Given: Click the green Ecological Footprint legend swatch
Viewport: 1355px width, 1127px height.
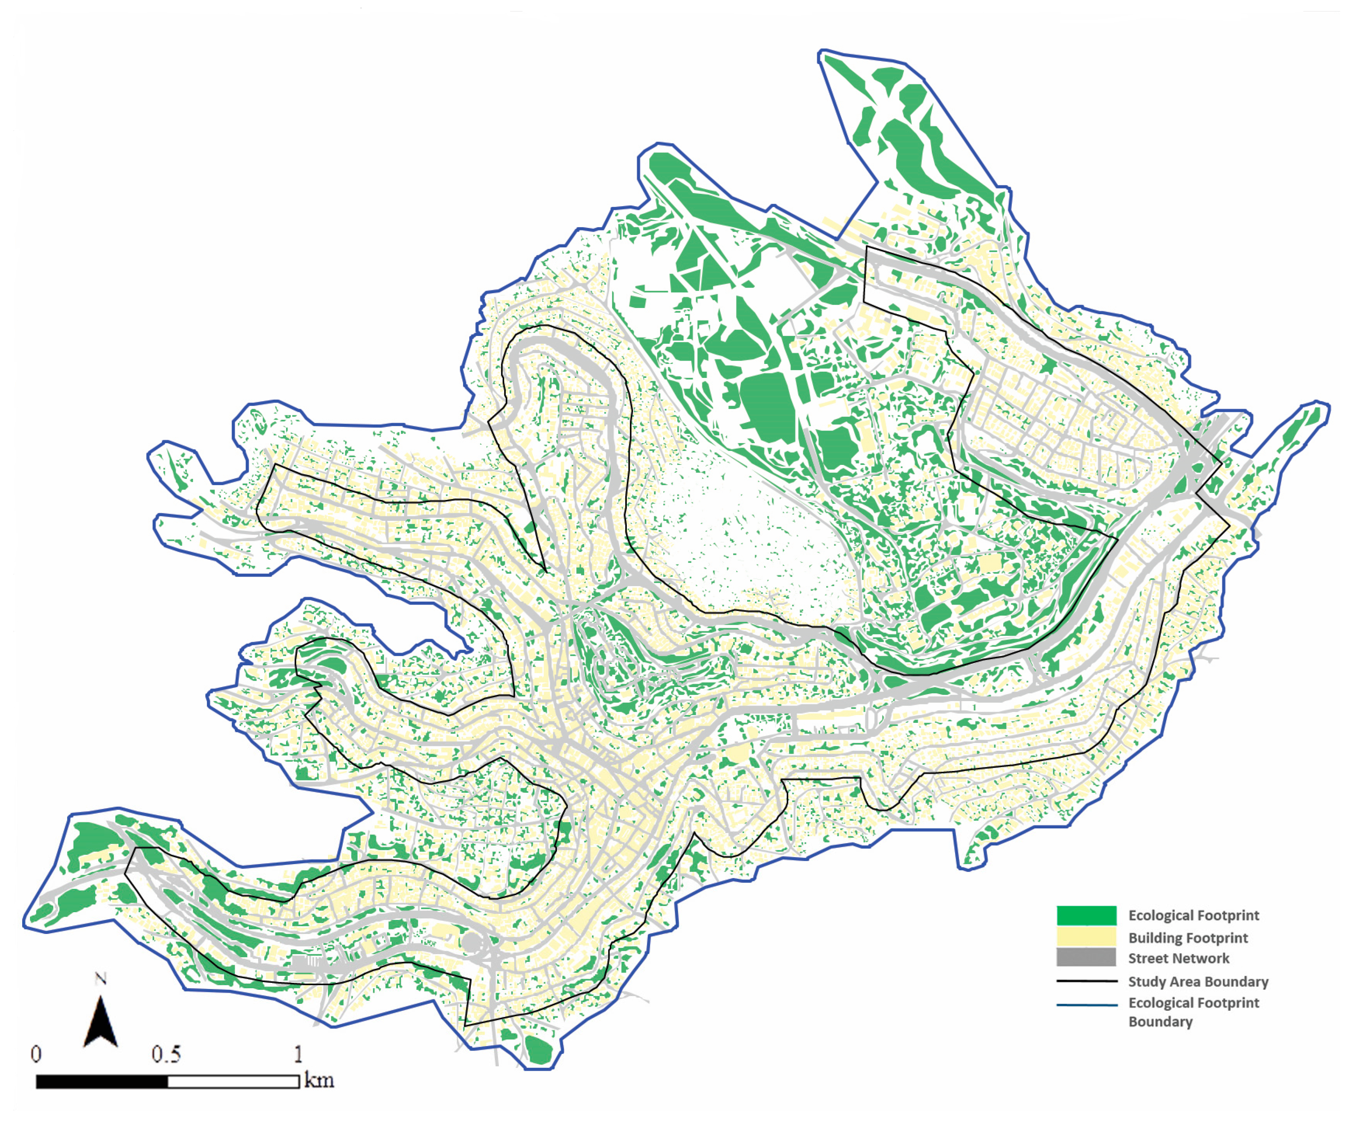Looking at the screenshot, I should (x=1086, y=915).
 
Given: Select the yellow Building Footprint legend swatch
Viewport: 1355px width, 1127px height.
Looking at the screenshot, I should (x=1086, y=936).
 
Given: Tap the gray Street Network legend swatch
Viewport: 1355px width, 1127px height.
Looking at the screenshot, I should (x=1086, y=957).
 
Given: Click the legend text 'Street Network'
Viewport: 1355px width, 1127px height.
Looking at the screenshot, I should (x=1178, y=959).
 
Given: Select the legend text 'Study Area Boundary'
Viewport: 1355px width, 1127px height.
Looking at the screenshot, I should (x=1197, y=982).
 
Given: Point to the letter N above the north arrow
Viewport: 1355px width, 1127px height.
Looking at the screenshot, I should (x=100, y=979).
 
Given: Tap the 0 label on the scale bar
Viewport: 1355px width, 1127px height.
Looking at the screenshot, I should (x=36, y=1055).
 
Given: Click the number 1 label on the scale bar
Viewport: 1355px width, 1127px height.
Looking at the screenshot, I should (x=298, y=1055).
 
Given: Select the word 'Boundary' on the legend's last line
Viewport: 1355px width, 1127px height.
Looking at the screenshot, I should (x=1160, y=1022).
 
